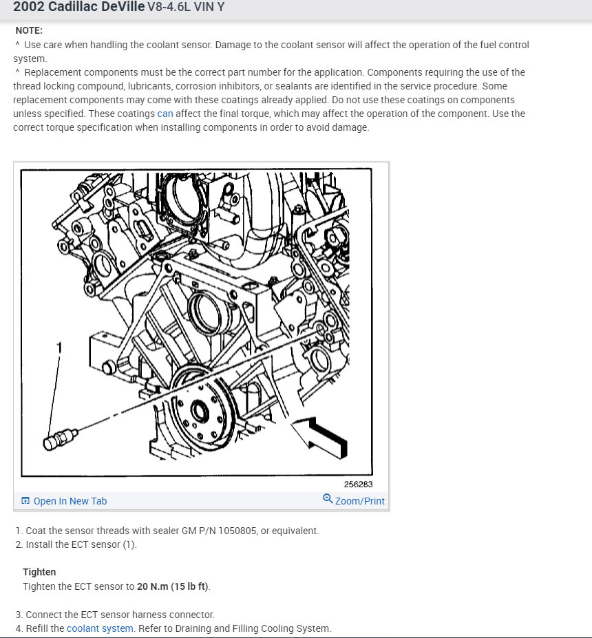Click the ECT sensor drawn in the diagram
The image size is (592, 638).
[60, 438]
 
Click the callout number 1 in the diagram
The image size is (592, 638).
[59, 348]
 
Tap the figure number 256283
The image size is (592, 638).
[358, 485]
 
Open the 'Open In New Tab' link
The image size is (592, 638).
[70, 501]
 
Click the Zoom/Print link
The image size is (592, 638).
[360, 501]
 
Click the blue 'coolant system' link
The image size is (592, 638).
[100, 628]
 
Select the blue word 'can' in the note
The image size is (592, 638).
[165, 114]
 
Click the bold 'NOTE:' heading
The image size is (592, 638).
[29, 30]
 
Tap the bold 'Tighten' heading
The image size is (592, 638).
[39, 572]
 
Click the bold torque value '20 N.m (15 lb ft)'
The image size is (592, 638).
[173, 586]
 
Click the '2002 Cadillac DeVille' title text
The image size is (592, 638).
[79, 6]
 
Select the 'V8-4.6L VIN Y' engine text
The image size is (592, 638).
[186, 7]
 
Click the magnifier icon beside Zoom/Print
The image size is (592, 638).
[328, 498]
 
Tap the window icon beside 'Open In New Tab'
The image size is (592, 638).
[25, 500]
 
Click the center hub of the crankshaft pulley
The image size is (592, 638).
[200, 410]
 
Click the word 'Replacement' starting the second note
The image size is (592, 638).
[53, 72]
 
